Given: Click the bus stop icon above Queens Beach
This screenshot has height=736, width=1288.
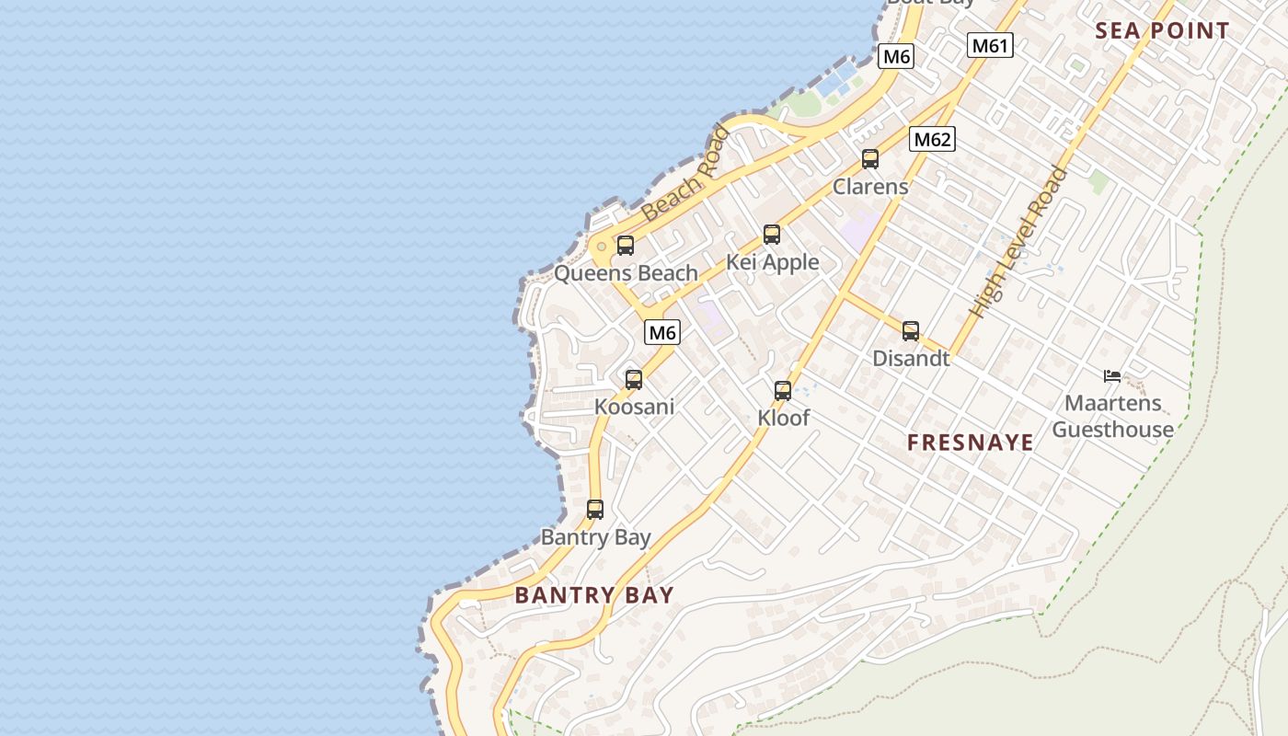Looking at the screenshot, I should pos(626,246).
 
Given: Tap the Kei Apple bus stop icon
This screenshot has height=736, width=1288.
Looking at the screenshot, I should pos(772,235).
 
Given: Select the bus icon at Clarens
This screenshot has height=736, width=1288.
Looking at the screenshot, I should pos(870,159).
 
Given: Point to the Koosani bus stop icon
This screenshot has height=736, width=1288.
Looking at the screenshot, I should pos(634,380).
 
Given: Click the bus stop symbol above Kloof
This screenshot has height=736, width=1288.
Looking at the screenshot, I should pos(783,391).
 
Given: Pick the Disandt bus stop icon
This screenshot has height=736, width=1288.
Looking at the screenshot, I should pos(911,331).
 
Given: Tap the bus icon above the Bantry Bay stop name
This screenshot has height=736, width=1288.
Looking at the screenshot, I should pos(595,510).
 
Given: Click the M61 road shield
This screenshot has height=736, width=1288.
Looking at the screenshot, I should pos(990,45).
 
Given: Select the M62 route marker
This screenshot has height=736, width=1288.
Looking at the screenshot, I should pos(932,140).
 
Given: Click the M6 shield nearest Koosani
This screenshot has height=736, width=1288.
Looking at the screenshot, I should pos(661,332).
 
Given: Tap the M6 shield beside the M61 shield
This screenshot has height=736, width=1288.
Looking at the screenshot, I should pos(896,56).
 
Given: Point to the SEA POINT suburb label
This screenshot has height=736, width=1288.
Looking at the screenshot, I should pos(1162,30).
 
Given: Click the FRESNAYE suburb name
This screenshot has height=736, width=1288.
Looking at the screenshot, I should pos(971,443).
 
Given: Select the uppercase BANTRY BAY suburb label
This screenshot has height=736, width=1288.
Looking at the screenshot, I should pos(594,595).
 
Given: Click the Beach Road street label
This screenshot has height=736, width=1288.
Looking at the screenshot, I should pos(684,174).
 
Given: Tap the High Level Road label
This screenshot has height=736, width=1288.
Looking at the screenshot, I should pos(1020,243).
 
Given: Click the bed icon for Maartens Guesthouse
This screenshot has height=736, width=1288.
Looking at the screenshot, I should pos(1112,375).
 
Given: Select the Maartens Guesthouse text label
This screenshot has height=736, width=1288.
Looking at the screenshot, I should pos(1112,416).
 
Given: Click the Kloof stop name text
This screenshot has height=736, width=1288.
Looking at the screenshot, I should pos(783,418).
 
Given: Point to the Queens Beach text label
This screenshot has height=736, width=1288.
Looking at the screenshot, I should pos(626,273).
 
